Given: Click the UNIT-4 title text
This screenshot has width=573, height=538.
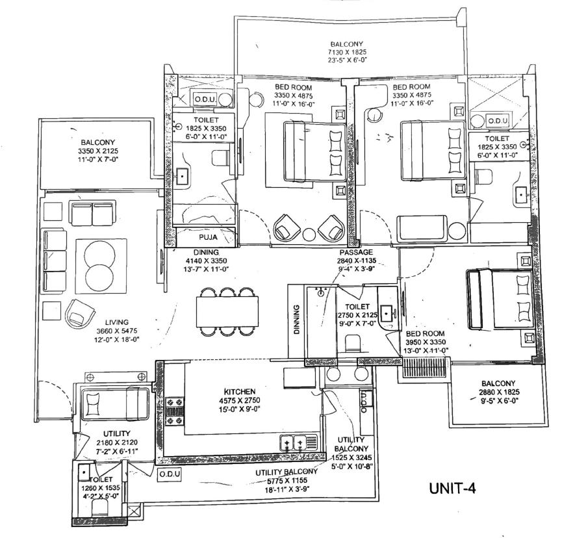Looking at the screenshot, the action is click(x=452, y=489).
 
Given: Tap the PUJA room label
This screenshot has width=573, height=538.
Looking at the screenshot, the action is click(x=208, y=237).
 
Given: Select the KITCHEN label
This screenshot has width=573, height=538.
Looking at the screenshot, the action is click(x=240, y=391).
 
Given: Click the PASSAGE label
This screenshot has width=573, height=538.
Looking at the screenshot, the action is click(x=356, y=252).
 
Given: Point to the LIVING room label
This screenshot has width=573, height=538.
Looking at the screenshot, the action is click(x=116, y=322).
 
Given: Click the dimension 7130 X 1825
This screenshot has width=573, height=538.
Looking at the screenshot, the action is click(x=347, y=52).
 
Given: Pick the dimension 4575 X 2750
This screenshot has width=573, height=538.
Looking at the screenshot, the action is click(x=240, y=400).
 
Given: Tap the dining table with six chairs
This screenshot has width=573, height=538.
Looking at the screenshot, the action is click(x=227, y=312).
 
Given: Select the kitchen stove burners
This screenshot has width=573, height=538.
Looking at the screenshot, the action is click(x=175, y=411).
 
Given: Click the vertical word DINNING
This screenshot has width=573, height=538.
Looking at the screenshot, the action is click(x=296, y=320).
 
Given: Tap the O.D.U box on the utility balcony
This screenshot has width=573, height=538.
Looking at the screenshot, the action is click(x=169, y=474).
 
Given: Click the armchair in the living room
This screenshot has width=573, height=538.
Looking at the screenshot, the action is click(x=80, y=313).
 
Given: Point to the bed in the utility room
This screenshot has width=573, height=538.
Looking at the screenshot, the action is click(x=115, y=405).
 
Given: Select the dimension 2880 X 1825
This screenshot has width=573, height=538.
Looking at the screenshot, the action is click(x=499, y=392).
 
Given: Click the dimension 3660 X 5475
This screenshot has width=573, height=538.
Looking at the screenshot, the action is click(x=116, y=331).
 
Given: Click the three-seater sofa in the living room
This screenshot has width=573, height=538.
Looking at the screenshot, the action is click(x=55, y=261).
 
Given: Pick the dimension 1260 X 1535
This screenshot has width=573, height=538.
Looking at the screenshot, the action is click(x=100, y=487).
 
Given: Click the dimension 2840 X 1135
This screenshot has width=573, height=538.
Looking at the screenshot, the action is click(x=356, y=261).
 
